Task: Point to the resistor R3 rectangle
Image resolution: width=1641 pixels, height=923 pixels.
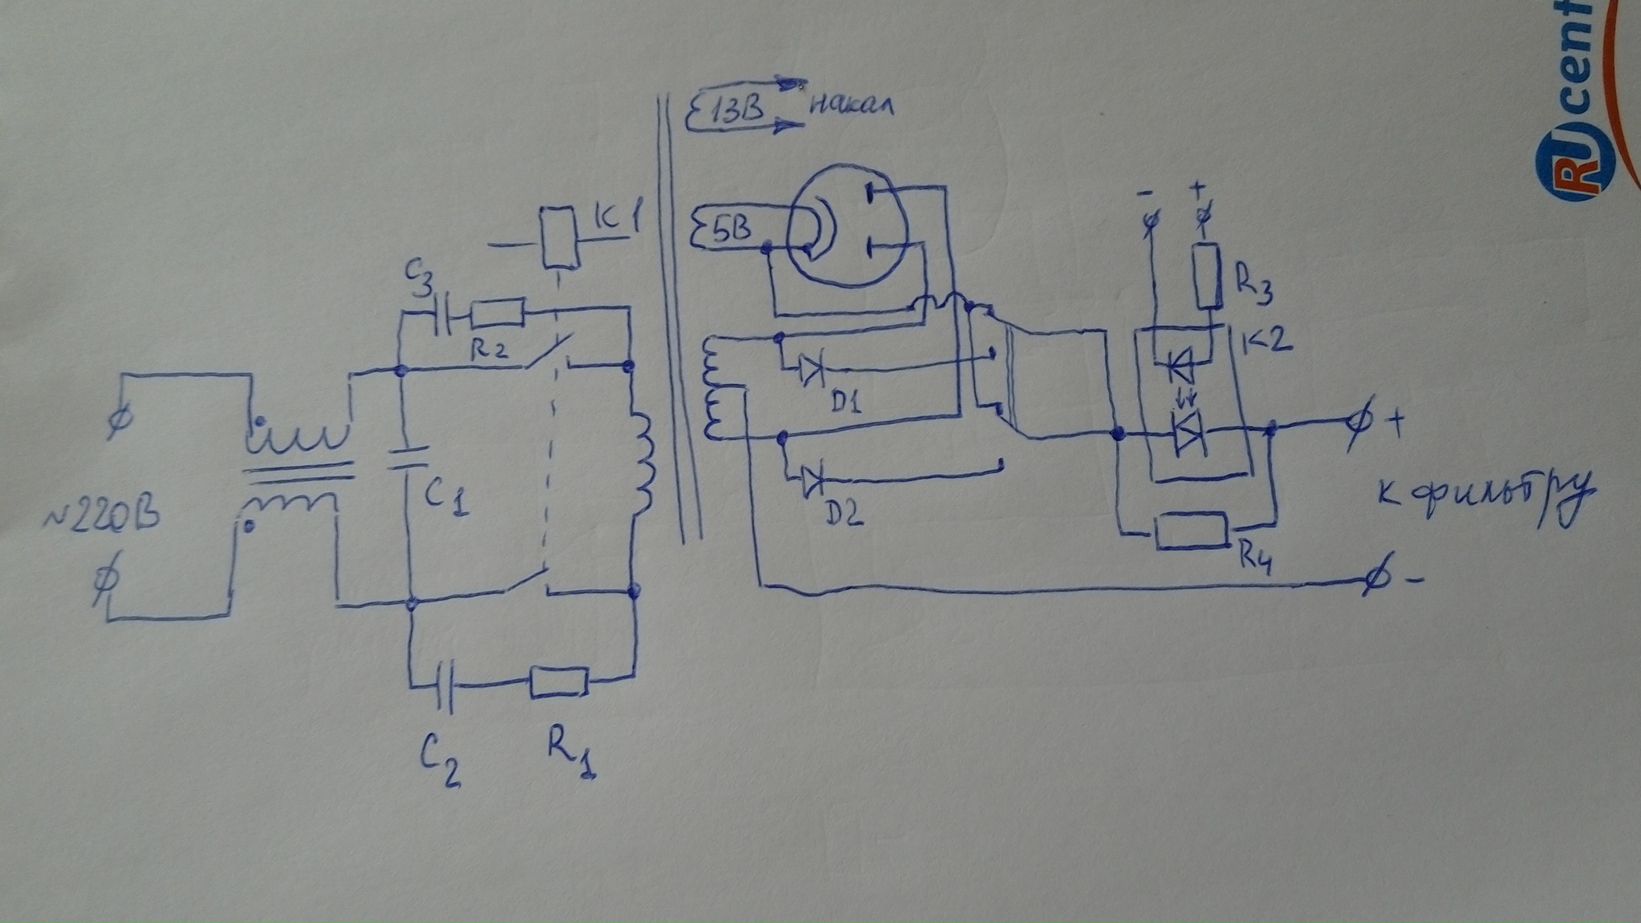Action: (x=1207, y=276)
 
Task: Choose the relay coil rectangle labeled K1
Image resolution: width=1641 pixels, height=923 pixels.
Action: (x=559, y=246)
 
